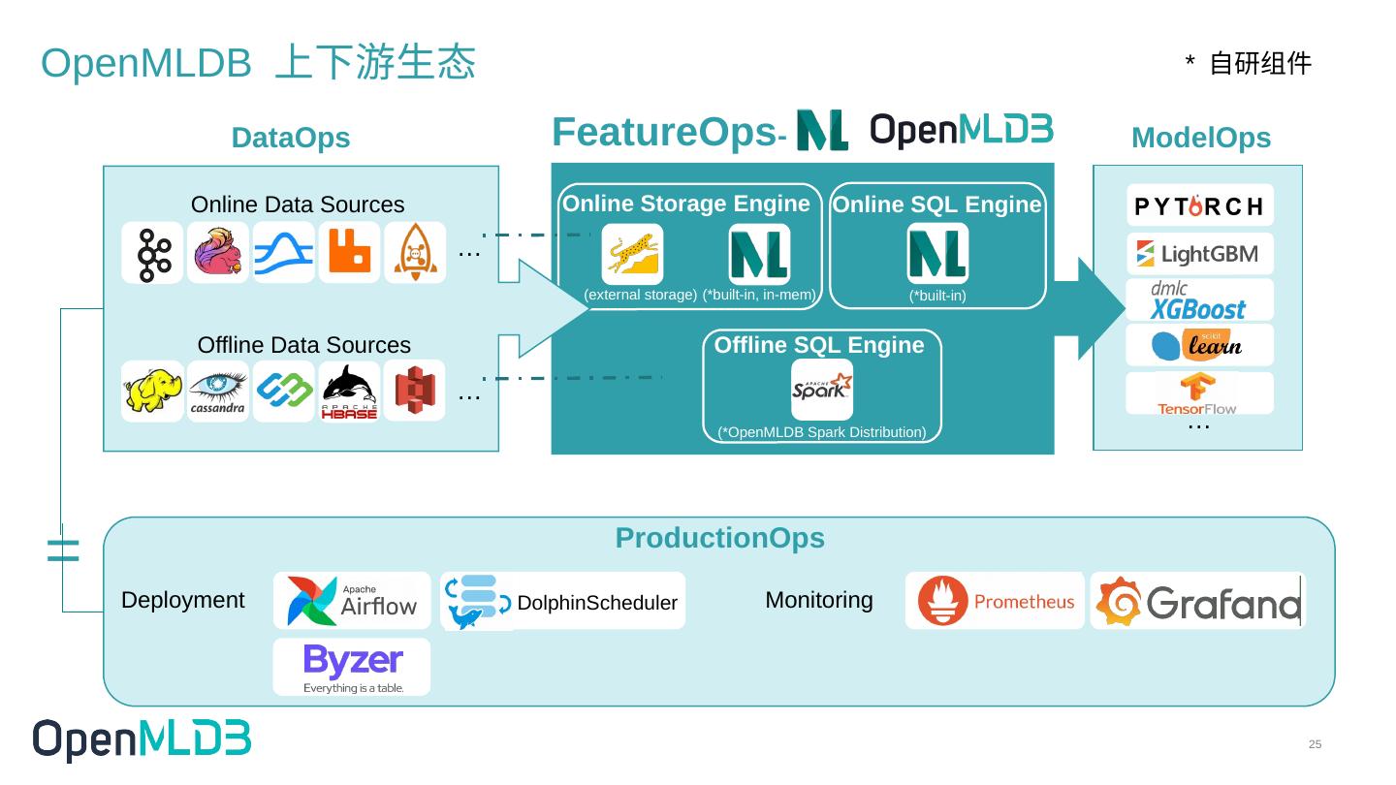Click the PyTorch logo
(x=1199, y=205)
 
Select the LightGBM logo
(x=1199, y=254)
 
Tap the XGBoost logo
(x=1199, y=300)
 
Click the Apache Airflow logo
(x=352, y=601)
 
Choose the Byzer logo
(x=352, y=667)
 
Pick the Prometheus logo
(x=995, y=601)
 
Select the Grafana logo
(x=1197, y=601)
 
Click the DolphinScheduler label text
(x=597, y=603)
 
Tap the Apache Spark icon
(x=822, y=390)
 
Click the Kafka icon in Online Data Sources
(x=152, y=253)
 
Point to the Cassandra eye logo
(x=218, y=391)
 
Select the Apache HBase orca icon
(x=349, y=392)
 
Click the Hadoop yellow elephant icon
(x=152, y=391)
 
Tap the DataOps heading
(x=291, y=138)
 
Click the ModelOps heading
(x=1200, y=138)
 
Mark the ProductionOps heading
(x=719, y=538)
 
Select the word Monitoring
(x=818, y=600)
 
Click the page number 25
(x=1315, y=744)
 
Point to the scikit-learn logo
(x=1199, y=345)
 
